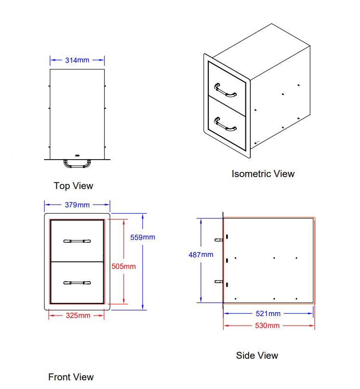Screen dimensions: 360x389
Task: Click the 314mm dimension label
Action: click(x=77, y=60)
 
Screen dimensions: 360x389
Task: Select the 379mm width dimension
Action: click(x=77, y=205)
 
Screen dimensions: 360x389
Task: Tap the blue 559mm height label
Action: click(x=143, y=238)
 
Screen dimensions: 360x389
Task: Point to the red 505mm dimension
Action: click(x=123, y=267)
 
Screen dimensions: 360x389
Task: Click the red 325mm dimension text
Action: click(x=78, y=316)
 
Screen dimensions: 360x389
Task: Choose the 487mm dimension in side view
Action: click(x=201, y=255)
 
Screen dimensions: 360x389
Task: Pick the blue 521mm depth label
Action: click(x=268, y=314)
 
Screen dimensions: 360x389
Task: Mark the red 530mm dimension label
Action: click(x=267, y=326)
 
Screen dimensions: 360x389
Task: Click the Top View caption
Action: click(x=73, y=186)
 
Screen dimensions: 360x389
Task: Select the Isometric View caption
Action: click(x=263, y=174)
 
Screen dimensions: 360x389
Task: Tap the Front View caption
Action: click(x=71, y=377)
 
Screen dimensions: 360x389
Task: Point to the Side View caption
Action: click(x=257, y=356)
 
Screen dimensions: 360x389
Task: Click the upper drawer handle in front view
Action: click(x=77, y=241)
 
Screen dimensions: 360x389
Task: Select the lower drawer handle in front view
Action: click(x=77, y=283)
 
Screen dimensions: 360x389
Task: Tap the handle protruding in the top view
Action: click(x=77, y=166)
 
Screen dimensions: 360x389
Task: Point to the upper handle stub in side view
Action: click(x=219, y=240)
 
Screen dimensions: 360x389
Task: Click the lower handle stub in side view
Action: click(x=219, y=282)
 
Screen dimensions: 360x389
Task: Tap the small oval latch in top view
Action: click(x=78, y=156)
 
